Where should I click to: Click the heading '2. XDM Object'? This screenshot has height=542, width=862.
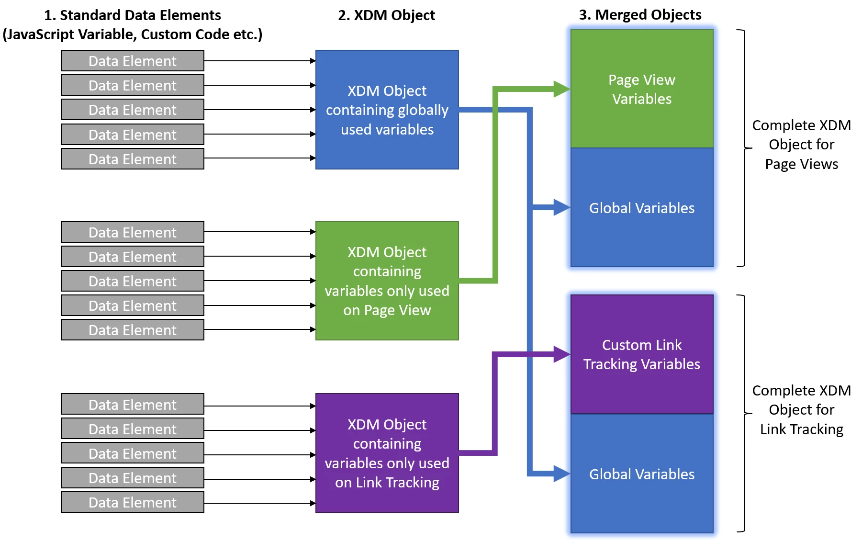click(x=386, y=15)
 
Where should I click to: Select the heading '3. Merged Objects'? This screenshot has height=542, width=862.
click(x=640, y=15)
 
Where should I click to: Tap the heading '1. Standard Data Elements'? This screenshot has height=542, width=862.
click(x=132, y=15)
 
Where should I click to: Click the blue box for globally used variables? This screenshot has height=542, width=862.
click(x=387, y=110)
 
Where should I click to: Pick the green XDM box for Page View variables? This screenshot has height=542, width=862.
click(x=387, y=281)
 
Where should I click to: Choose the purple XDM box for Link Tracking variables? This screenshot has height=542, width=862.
click(x=387, y=453)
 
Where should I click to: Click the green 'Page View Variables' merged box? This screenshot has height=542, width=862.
click(x=641, y=89)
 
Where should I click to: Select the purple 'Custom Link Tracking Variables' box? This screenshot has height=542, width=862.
click(x=641, y=354)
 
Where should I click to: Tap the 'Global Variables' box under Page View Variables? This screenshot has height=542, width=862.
click(x=641, y=208)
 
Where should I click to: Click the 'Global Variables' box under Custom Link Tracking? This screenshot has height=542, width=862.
click(x=641, y=474)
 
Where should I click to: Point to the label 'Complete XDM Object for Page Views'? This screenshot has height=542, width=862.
click(x=801, y=145)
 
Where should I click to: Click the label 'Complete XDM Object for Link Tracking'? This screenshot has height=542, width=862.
click(x=801, y=410)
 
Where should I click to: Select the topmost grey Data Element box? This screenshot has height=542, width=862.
click(x=133, y=61)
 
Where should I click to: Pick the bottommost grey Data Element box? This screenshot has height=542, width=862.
click(x=133, y=502)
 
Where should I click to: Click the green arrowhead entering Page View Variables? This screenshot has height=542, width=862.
click(x=561, y=89)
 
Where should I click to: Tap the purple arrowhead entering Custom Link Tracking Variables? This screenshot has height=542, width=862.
click(x=561, y=354)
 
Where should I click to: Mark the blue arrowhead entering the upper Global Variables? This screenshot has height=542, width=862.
click(x=561, y=207)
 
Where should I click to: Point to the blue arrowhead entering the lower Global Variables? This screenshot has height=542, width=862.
click(x=561, y=474)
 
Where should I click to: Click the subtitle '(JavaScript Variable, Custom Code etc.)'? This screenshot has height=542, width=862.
click(x=132, y=34)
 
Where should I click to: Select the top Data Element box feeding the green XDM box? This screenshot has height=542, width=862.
click(x=133, y=232)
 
